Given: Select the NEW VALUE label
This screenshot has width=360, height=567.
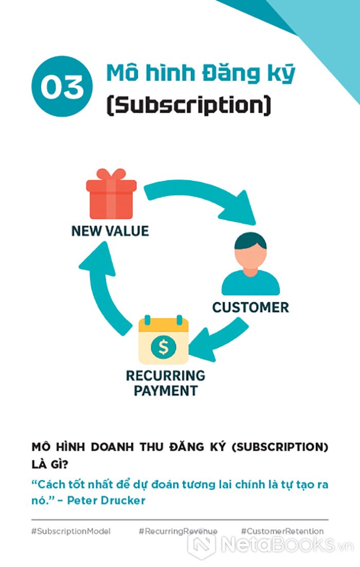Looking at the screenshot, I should click(110, 231).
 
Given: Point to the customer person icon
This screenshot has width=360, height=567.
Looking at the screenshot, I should click(250, 265).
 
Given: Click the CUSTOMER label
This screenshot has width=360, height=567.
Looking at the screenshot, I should click(250, 308).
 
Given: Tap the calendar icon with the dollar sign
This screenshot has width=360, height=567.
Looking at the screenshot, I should click(164, 341).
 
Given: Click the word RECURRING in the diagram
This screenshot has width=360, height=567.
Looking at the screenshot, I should click(165, 376).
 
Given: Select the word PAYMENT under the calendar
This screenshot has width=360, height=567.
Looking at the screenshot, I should click(165, 391).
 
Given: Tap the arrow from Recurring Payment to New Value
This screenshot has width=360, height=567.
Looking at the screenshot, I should click(103, 288).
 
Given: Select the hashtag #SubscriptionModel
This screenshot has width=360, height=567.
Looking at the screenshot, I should click(71, 531).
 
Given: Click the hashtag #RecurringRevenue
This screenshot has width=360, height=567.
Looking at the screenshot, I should click(178, 531).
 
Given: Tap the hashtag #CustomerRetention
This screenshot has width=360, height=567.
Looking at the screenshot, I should click(282, 531).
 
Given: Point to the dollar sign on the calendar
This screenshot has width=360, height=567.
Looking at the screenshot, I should click(164, 348).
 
